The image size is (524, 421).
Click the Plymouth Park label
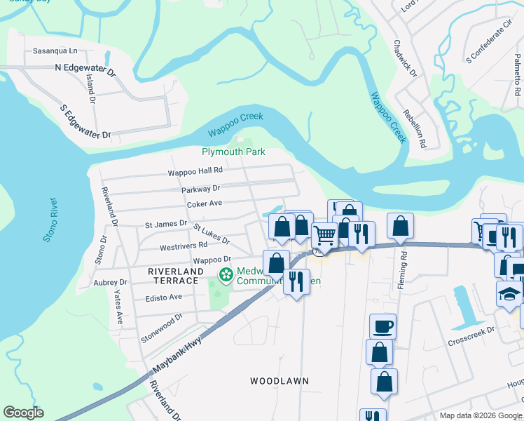[x=234, y=152]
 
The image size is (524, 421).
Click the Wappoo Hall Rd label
[x=195, y=171]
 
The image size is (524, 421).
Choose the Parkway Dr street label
[x=200, y=188]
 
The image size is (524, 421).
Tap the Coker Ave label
[x=205, y=203]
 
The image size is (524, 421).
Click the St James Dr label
[x=166, y=224]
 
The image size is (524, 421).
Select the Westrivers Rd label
[x=184, y=246]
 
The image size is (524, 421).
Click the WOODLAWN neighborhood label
[x=280, y=381]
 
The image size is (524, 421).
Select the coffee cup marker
[x=382, y=326]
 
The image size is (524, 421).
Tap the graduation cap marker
[x=509, y=294]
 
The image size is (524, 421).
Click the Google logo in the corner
[x=23, y=413]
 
